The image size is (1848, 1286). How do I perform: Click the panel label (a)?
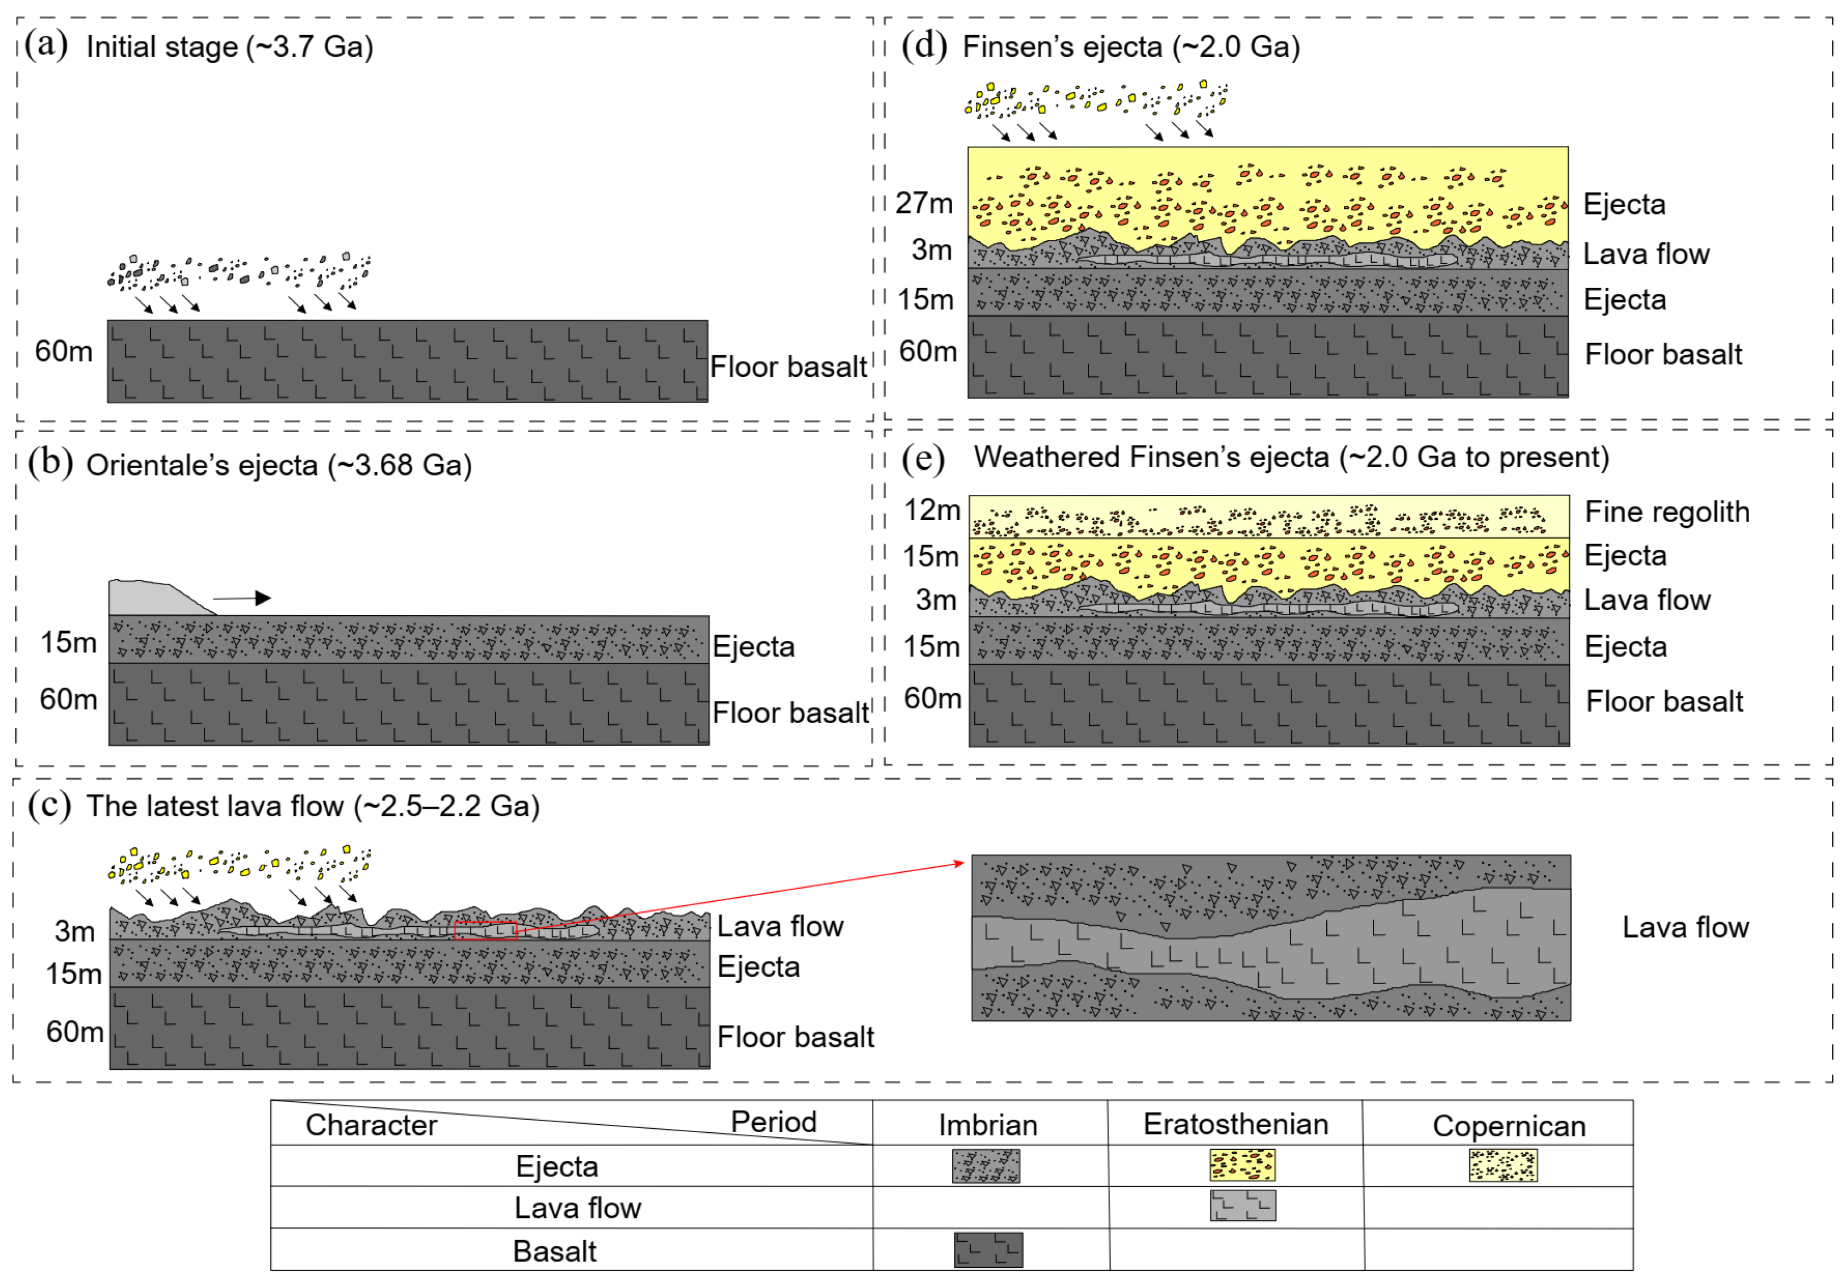[46, 44]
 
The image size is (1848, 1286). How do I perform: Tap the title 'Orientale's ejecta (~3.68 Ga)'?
[279, 465]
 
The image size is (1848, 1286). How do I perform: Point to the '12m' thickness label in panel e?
[932, 510]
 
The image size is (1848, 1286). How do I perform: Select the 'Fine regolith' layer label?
[1667, 512]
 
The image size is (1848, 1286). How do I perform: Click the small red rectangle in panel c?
[485, 930]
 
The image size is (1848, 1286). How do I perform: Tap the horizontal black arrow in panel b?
[241, 598]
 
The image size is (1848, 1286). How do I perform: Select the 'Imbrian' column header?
[987, 1124]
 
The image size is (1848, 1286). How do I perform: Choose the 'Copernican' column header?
[1508, 1126]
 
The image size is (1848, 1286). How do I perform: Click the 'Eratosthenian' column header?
[1235, 1124]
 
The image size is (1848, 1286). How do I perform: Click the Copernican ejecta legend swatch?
[1503, 1165]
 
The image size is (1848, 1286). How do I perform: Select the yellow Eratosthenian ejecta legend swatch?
[1242, 1165]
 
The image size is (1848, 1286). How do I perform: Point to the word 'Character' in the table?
[371, 1125]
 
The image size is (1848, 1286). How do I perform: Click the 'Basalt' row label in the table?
[555, 1251]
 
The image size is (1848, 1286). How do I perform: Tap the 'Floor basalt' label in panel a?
[788, 367]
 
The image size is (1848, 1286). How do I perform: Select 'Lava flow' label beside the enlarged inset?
[1684, 927]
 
